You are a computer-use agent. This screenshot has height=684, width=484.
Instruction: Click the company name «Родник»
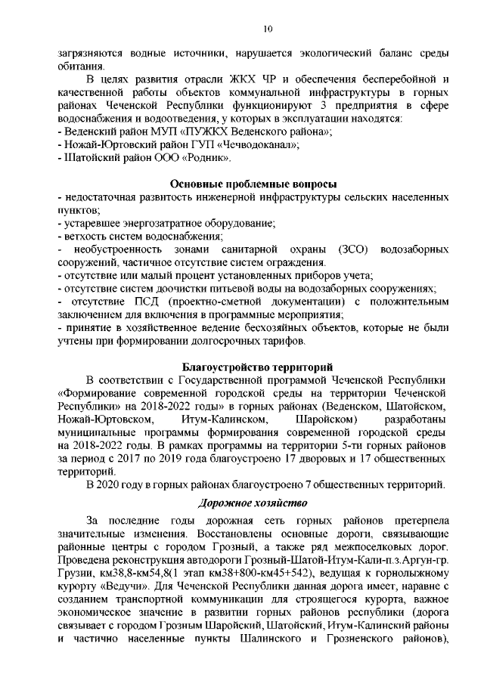(x=206, y=158)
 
